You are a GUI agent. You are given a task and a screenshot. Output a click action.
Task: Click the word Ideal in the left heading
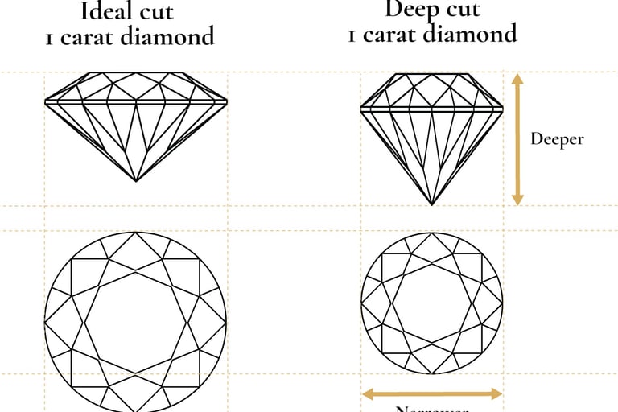coord(109,12)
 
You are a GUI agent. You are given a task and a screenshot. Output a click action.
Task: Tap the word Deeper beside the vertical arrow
coord(557,138)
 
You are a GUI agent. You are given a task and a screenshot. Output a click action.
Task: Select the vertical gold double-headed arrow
coord(517,138)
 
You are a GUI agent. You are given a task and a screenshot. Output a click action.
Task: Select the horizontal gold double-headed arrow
coord(432,394)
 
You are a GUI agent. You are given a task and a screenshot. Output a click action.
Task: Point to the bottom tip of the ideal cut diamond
coord(135,181)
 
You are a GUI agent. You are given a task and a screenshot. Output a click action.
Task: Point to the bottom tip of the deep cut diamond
coord(432,204)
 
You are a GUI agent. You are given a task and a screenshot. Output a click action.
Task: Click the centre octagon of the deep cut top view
coord(432,303)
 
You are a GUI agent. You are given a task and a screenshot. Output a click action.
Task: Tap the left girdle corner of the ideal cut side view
coord(44,103)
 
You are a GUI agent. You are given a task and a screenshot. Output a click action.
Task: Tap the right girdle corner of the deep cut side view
coord(503,107)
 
